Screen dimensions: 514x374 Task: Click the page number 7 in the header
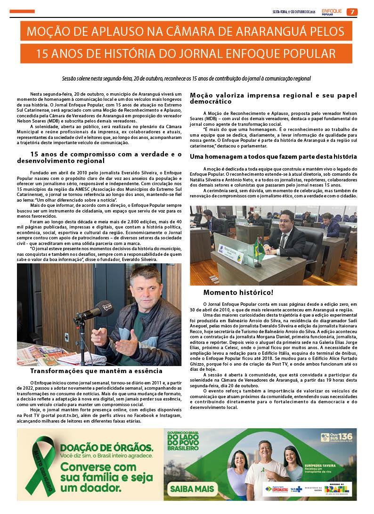[352, 12]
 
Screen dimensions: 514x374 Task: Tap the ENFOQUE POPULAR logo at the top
[332, 11]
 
